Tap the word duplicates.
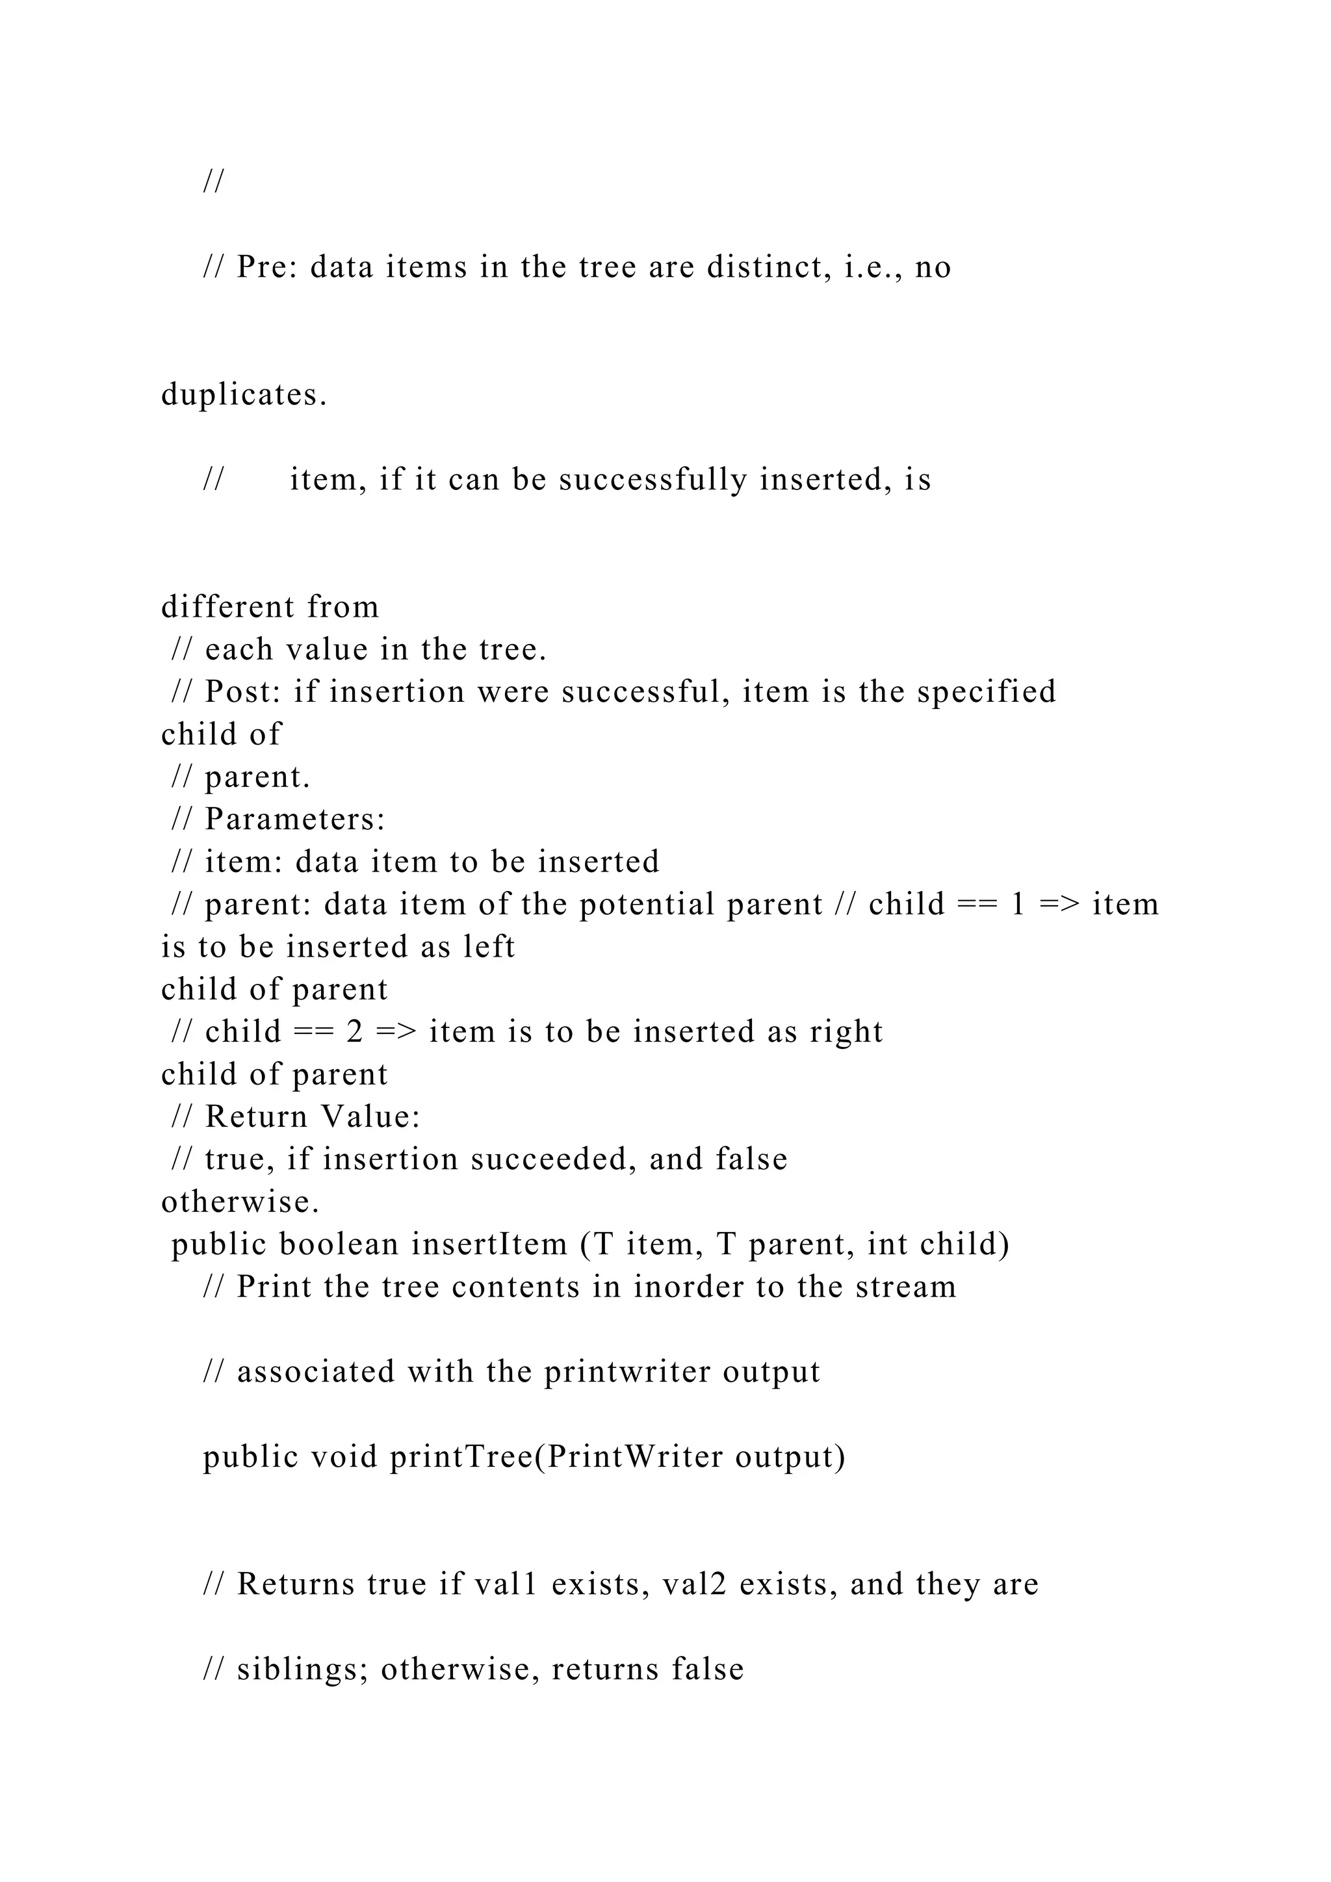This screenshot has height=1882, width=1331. pos(244,395)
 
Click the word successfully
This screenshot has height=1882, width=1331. pos(653,480)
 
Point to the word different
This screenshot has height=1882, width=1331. pos(228,608)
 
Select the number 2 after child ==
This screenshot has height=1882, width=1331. pos(354,1031)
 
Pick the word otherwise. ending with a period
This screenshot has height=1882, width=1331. pos(240,1202)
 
